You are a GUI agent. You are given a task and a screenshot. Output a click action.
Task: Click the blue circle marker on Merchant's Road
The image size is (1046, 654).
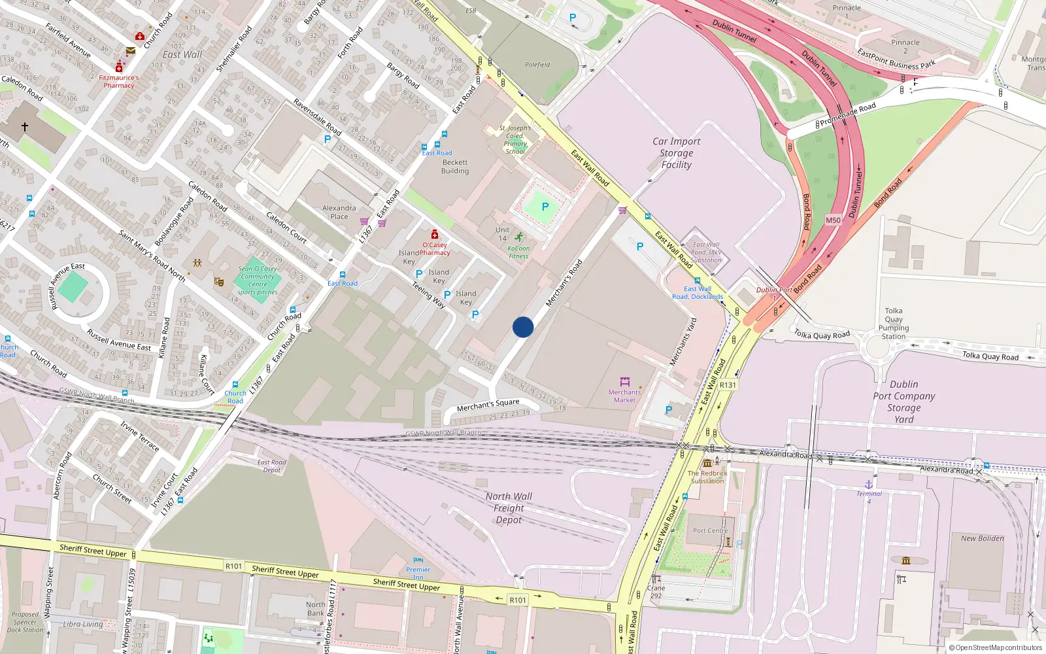pos(523,327)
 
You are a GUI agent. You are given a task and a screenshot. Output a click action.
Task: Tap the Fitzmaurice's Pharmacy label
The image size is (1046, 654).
pos(119,81)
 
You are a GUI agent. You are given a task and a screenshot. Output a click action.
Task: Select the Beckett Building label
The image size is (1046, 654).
pos(455,167)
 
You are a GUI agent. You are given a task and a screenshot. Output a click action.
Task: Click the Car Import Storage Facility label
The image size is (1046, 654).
pos(676,153)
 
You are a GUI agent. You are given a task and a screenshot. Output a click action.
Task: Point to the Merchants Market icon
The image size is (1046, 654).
pos(624,381)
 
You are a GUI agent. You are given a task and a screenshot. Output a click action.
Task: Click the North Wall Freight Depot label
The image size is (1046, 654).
pos(509,508)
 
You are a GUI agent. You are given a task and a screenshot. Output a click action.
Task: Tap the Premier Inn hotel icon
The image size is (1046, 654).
pos(418,560)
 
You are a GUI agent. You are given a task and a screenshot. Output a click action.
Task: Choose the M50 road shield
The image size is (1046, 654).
pos(833,220)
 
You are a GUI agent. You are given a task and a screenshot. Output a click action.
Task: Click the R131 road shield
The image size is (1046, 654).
pos(728,385)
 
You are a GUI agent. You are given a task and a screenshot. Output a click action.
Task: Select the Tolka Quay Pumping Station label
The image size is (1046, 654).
pos(894,324)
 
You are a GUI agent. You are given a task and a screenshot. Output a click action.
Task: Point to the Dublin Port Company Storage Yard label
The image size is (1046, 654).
pos(904,402)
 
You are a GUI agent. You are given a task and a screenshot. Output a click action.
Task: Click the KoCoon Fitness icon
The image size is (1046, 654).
pos(518,237)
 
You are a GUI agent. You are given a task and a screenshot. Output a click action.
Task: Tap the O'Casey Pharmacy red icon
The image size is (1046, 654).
pos(435,234)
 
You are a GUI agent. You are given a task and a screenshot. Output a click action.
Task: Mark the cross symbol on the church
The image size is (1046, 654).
pos(25,127)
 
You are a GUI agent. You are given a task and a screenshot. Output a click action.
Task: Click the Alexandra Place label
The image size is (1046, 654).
pos(339,212)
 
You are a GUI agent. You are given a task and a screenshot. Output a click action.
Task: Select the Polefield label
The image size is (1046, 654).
pos(537,65)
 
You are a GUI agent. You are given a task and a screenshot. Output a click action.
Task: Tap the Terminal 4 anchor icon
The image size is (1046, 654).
pos(869,485)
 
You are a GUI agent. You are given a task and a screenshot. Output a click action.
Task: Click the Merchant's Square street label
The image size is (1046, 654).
pos(488,405)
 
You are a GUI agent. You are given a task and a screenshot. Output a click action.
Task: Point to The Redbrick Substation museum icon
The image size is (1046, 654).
pos(707,463)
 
